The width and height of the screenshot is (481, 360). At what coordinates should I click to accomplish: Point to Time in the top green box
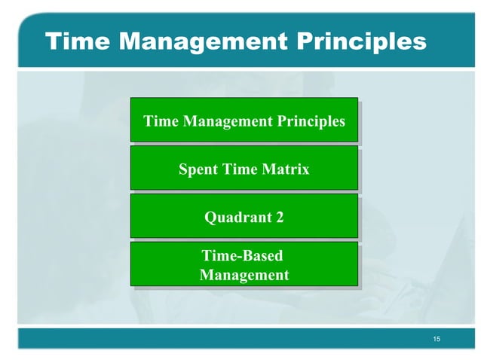[159, 121]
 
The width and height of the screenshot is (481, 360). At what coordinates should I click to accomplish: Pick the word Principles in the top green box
[311, 121]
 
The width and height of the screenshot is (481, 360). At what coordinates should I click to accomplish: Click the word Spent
[198, 169]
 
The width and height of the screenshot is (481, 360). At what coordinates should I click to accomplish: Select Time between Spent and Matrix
[240, 169]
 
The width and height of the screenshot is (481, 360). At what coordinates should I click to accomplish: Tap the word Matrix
[284, 169]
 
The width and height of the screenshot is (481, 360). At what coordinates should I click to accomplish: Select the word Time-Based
[242, 257]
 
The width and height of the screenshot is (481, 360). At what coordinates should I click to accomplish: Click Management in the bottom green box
[244, 276]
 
